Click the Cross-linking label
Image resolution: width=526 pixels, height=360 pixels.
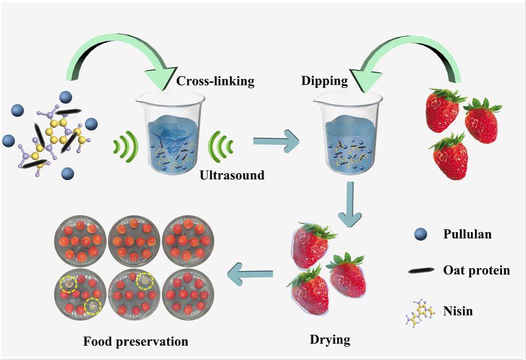215,81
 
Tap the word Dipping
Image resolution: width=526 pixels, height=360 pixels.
324,81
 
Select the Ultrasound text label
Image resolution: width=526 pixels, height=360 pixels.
232,175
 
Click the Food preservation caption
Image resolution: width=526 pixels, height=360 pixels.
136,342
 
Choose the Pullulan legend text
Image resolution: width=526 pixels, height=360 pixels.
467,234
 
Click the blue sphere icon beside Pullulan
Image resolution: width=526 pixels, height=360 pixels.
421,234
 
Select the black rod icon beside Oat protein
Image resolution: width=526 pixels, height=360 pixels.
421,270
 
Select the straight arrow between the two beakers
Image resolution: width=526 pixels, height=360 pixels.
276,140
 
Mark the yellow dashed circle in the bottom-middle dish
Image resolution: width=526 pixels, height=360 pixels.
145,281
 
